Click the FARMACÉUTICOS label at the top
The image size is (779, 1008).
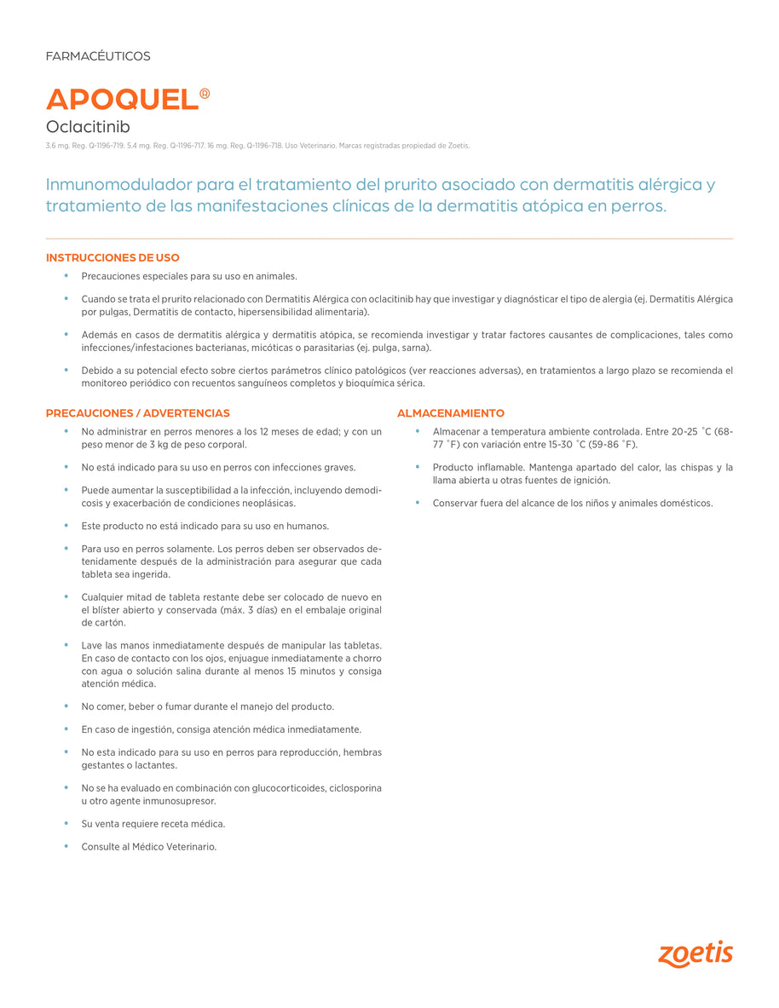[x=98, y=56]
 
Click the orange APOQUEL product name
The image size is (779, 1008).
[x=122, y=99]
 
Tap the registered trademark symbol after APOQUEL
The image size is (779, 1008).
[x=205, y=94]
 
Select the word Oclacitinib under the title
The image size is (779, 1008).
[x=88, y=127]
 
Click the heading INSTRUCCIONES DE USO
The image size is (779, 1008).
[x=113, y=258]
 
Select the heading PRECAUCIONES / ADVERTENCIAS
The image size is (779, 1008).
[x=137, y=413]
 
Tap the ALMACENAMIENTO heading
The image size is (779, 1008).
[x=451, y=413]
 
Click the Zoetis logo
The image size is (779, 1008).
[x=695, y=954]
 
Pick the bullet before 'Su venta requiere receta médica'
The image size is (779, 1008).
[x=66, y=823]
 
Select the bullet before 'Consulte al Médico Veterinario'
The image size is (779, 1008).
[x=66, y=846]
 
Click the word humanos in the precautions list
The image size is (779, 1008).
[x=309, y=526]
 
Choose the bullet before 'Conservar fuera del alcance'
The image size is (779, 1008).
[x=418, y=503]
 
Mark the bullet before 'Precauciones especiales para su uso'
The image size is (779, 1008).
[x=66, y=276]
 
